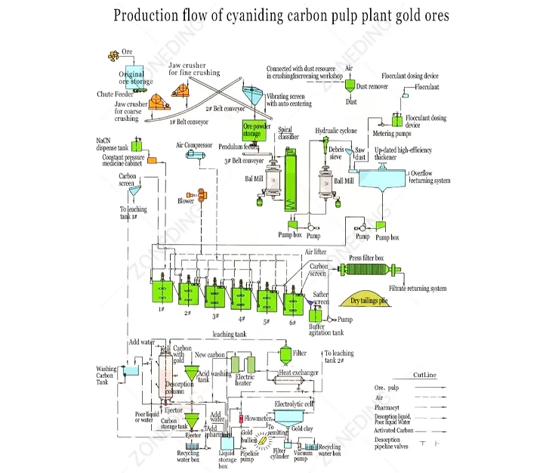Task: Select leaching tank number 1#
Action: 160,291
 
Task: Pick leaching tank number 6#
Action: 293,301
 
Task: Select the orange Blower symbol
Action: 202,194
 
